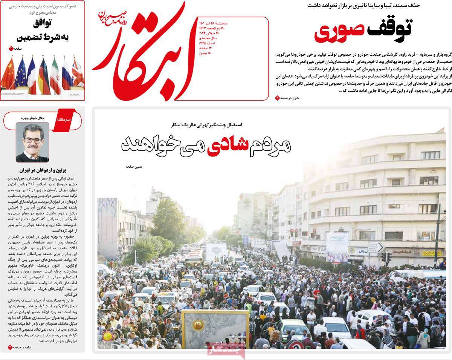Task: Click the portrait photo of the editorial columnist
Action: (x=32, y=143)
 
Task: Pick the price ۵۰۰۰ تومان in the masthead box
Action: (x=206, y=53)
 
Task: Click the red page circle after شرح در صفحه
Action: (x=278, y=98)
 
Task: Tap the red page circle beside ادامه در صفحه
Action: (x=10, y=347)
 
